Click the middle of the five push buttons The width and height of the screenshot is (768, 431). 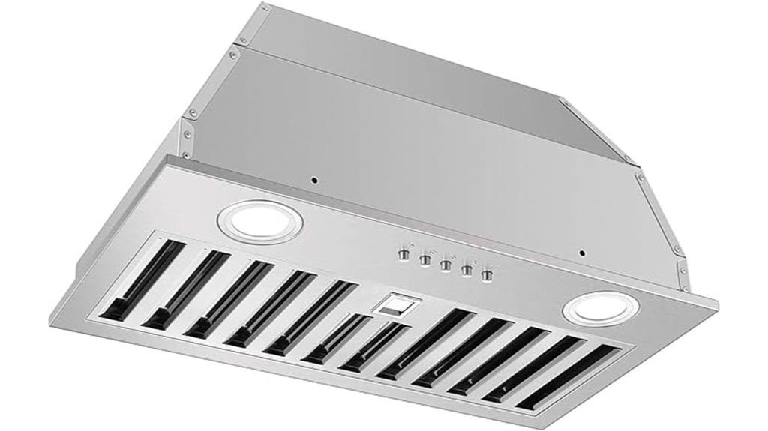445,264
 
